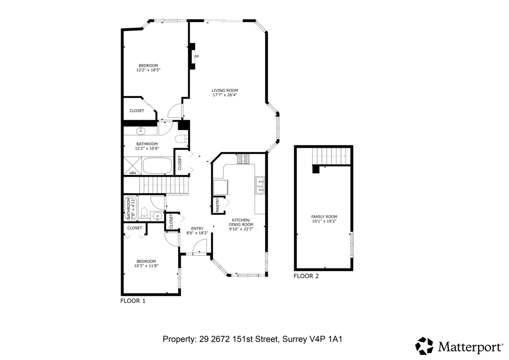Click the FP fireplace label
[196, 56]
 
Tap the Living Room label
[225, 90]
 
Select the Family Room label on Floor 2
[324, 217]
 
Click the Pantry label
[218, 205]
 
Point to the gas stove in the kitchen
[243, 159]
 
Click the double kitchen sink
[260, 186]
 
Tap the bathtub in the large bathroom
[157, 166]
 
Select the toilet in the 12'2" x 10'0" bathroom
[182, 139]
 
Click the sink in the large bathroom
[141, 131]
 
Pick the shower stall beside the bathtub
[132, 166]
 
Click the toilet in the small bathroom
[144, 213]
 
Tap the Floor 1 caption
[133, 301]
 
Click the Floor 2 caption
[306, 276]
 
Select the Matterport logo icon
[424, 346]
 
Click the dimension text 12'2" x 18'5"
[148, 70]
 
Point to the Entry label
[197, 228]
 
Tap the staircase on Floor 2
[331, 156]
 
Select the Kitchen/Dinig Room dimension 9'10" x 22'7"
[241, 229]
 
